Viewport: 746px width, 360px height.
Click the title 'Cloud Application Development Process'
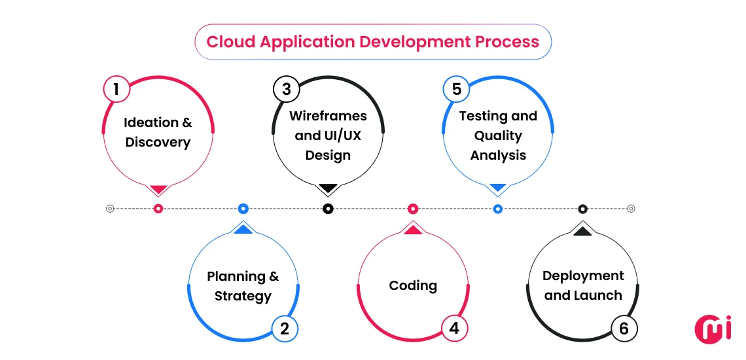(x=373, y=42)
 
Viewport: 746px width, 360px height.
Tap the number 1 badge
(x=116, y=89)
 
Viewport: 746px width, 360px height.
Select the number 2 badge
(x=285, y=329)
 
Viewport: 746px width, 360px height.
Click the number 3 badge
(x=286, y=89)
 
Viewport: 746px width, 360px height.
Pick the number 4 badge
(x=454, y=329)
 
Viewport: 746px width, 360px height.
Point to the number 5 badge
(x=456, y=89)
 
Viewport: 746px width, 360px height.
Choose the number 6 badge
(x=624, y=329)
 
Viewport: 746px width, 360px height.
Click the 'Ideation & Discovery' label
(x=158, y=132)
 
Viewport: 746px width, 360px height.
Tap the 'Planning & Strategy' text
(x=243, y=286)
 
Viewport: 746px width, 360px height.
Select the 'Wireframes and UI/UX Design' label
(x=328, y=135)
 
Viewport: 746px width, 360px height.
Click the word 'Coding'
(x=413, y=286)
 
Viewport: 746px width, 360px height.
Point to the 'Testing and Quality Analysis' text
(x=498, y=135)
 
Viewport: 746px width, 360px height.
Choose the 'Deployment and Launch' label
(x=583, y=285)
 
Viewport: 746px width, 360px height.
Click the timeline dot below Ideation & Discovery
(x=158, y=209)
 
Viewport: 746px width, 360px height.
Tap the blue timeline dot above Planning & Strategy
(x=243, y=209)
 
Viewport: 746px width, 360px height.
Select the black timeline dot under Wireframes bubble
(x=328, y=209)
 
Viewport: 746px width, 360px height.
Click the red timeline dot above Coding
(x=413, y=209)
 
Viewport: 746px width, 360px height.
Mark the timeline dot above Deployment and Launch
(x=582, y=209)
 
